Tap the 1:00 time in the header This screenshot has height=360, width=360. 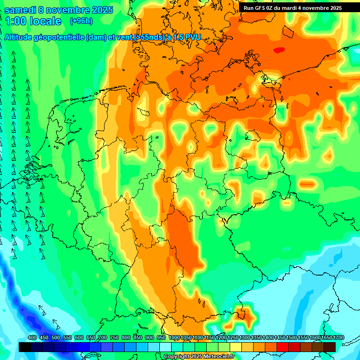coord(16,21)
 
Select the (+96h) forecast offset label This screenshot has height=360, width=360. coord(81,21)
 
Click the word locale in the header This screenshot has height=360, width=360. coord(45,21)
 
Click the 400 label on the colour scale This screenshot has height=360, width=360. coord(32,338)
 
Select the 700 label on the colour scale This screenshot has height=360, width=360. coord(103,338)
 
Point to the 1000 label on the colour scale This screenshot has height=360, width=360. coord(174,338)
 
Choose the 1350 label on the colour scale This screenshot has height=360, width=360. coord(256,338)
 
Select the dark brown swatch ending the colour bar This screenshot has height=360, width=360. coord(330,347)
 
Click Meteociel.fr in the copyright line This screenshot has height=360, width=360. coord(217,357)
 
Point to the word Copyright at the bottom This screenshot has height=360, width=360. coord(177,357)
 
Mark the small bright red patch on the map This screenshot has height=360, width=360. coord(279,50)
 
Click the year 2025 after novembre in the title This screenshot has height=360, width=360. coord(99,10)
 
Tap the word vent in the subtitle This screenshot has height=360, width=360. coord(124,37)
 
